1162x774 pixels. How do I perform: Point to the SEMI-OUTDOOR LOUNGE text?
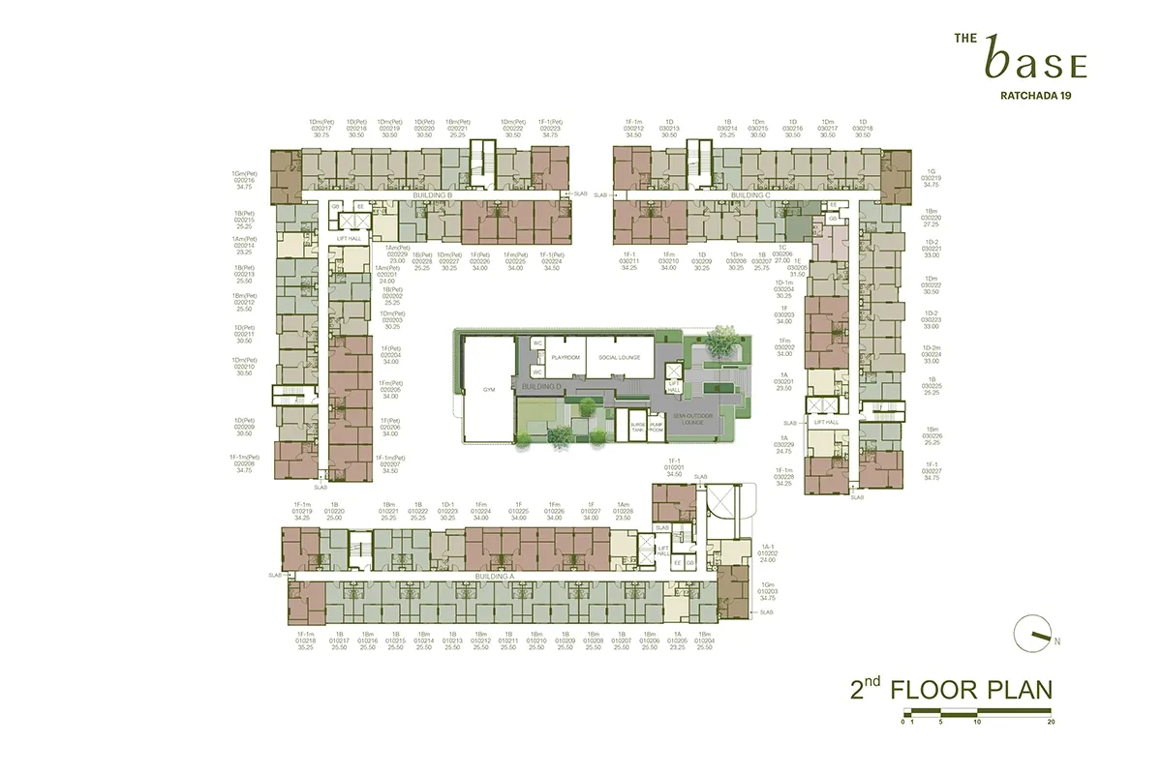[x=664, y=420]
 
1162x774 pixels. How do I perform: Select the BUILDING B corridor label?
[x=433, y=195]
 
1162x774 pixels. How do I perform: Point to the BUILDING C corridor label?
[x=750, y=195]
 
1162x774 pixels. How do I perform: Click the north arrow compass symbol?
[x=1035, y=635]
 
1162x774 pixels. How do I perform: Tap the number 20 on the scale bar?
[x=1051, y=722]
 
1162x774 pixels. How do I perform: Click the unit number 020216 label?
[x=244, y=180]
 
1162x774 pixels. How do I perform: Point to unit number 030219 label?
[x=932, y=178]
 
